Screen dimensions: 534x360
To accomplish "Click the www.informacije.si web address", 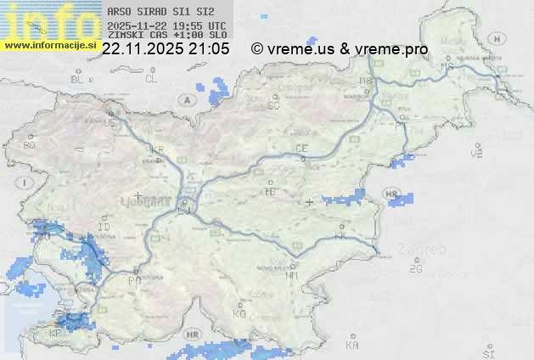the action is pos(49,46).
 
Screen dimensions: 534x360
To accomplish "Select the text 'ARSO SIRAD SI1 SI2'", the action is pos(155,12).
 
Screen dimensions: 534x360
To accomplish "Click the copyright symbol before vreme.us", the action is pos(256,49).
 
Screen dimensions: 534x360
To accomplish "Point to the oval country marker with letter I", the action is pos(26,183).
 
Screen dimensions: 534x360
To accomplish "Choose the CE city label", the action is pos(301,149).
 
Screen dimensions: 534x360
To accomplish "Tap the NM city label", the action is pos(293,275).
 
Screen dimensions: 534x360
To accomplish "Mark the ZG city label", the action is pos(415,269).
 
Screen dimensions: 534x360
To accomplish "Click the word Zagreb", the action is pos(430,250).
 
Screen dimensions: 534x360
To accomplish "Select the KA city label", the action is pos(352,346).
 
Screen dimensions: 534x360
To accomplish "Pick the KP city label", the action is pos(57,333).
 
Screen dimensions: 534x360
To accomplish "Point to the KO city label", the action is pos(239,313).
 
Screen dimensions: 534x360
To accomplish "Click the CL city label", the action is pos(151,79).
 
